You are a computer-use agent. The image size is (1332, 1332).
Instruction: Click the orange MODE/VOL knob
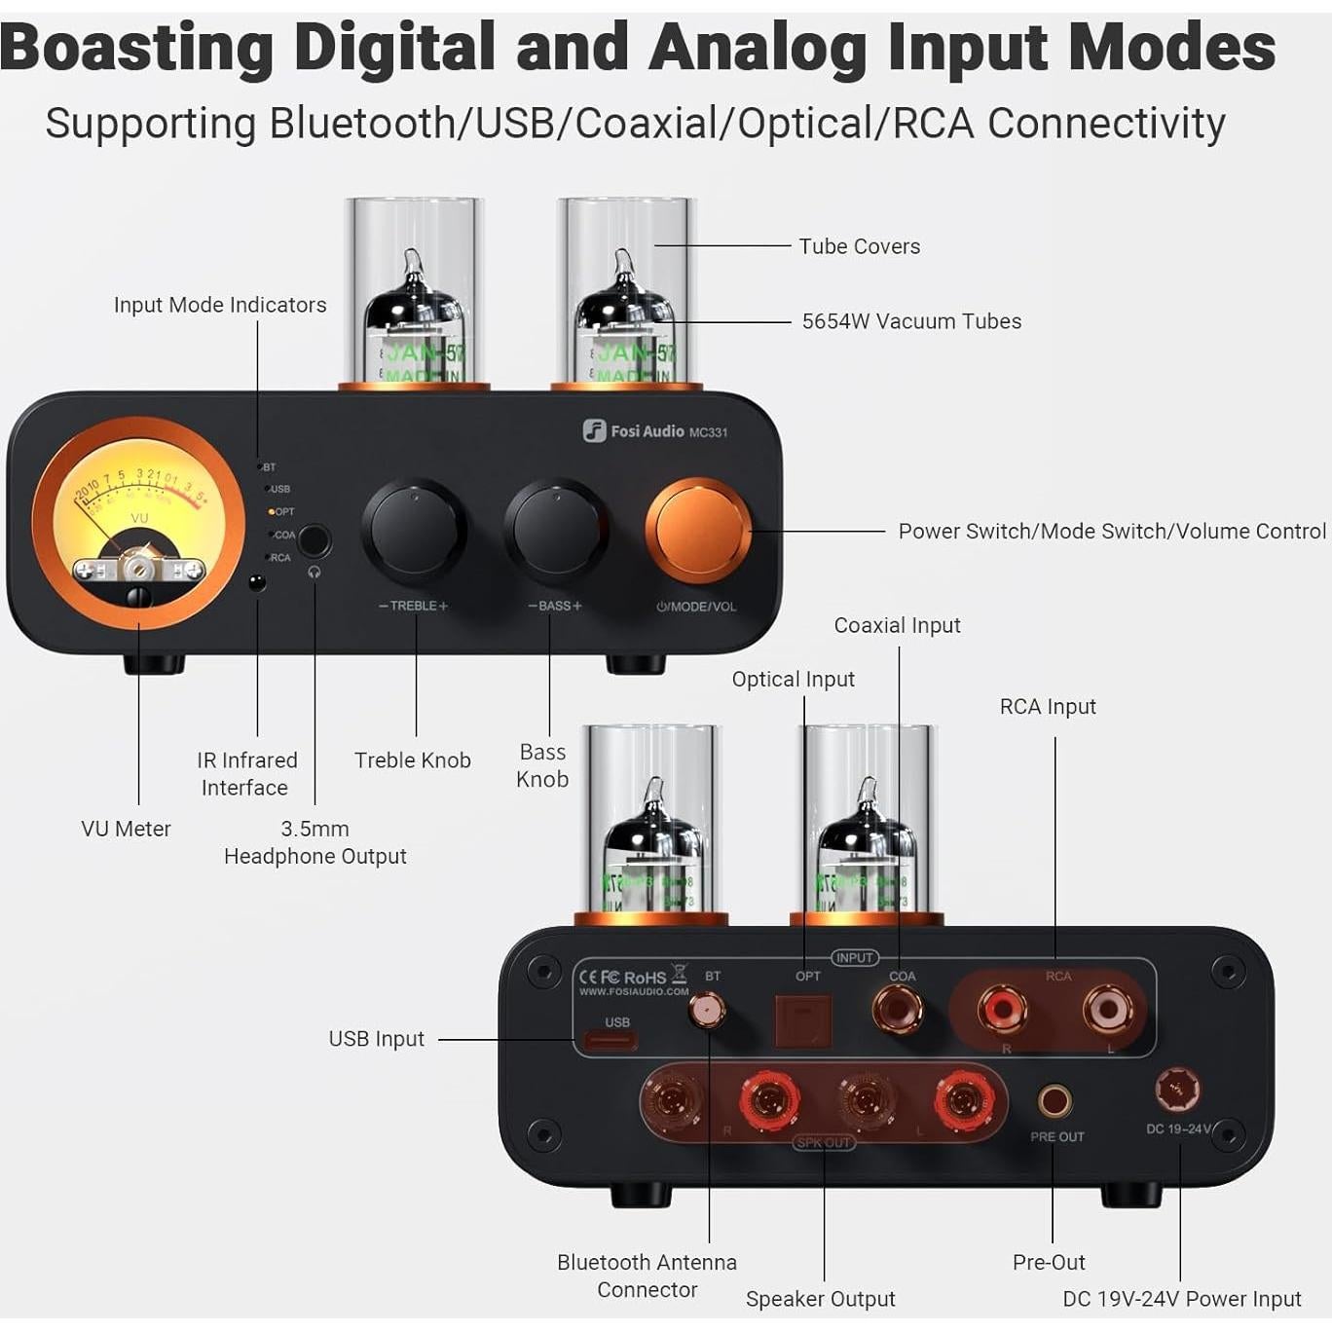point(697,531)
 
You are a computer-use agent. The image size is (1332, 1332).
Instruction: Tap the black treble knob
point(415,531)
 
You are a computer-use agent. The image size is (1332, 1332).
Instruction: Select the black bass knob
point(556,531)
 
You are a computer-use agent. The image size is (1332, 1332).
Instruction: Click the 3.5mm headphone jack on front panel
point(314,540)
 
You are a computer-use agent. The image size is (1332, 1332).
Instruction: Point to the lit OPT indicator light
point(272,511)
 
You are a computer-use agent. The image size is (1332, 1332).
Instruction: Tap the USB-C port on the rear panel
point(610,1041)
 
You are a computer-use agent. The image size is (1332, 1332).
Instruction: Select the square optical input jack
point(803,1019)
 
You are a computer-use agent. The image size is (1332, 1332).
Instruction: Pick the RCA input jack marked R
point(1002,1009)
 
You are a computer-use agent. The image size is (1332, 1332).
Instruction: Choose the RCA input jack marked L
point(1108,1009)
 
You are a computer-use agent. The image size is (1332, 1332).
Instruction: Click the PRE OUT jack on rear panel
point(1054,1101)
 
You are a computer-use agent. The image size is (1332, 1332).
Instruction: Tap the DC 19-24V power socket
point(1176,1090)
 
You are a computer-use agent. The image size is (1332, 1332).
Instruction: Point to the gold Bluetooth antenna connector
point(706,1011)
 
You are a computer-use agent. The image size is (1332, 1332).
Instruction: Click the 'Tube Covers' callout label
point(859,246)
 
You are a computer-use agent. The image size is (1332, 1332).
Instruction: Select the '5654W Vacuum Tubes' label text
point(911,321)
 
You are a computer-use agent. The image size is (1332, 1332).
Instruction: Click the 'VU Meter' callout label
point(126,829)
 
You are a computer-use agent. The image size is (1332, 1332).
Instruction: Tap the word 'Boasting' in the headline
point(136,47)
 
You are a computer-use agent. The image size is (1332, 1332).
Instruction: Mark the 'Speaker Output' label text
point(820,1299)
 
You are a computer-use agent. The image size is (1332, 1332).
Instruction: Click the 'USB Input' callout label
point(376,1039)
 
